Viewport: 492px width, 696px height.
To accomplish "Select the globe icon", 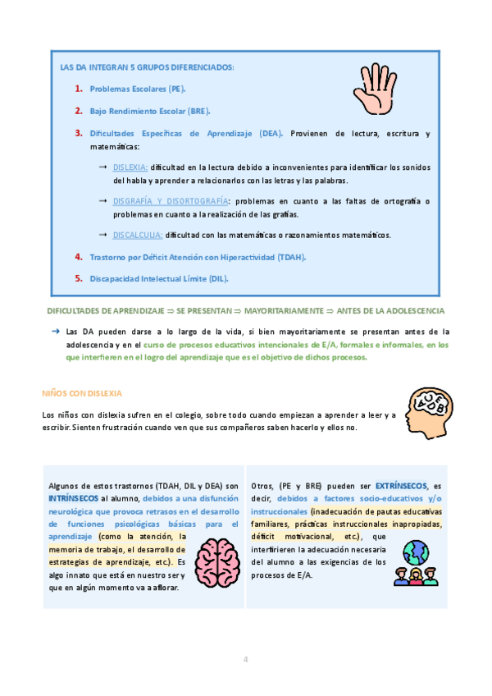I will pos(416,549).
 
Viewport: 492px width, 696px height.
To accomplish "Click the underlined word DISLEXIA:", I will pos(131,167).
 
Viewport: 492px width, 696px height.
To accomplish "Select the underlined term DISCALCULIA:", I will pos(138,235).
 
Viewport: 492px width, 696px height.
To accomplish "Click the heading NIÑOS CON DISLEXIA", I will pos(80,392).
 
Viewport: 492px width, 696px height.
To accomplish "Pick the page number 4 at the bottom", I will pos(245,659).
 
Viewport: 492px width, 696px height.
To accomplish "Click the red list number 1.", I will pos(79,89).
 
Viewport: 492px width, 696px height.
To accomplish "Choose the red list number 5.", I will pos(79,278).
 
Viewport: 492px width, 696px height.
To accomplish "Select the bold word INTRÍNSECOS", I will pos(74,497).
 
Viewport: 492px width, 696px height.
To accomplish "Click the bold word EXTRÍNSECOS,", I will pos(403,486).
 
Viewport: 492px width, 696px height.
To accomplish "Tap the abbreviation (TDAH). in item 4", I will pos(291,257).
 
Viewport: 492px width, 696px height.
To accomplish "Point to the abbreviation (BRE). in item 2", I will pos(198,111).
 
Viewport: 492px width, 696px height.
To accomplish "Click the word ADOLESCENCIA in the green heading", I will pos(412,311).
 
